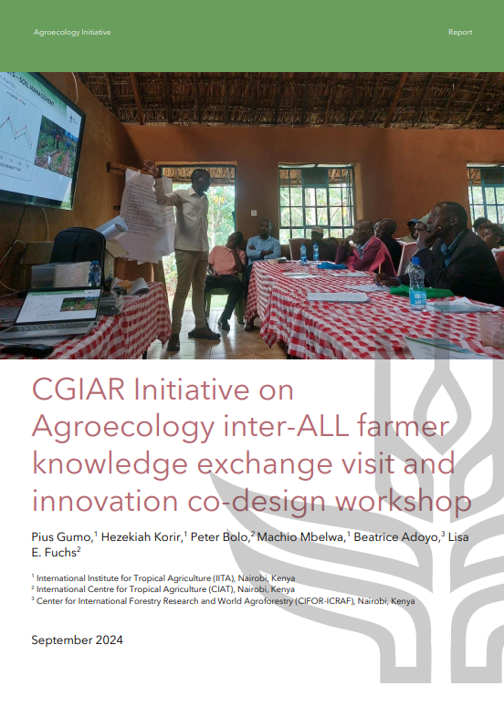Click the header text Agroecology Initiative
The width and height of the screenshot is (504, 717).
72,32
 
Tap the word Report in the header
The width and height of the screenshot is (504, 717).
460,32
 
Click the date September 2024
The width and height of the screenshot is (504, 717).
77,639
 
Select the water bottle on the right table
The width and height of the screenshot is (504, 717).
417,285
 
